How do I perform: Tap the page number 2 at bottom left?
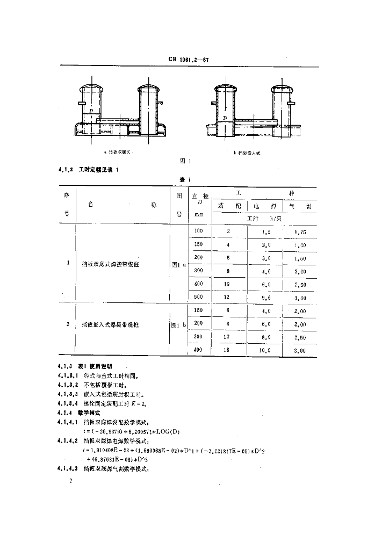pyautogui.click(x=70, y=480)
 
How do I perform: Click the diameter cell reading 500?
pyautogui.click(x=199, y=296)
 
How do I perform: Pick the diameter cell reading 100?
pyautogui.click(x=199, y=231)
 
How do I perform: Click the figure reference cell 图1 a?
pyautogui.click(x=178, y=264)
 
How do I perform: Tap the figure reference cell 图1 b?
pyautogui.click(x=178, y=325)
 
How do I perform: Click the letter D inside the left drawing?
pyautogui.click(x=92, y=110)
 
